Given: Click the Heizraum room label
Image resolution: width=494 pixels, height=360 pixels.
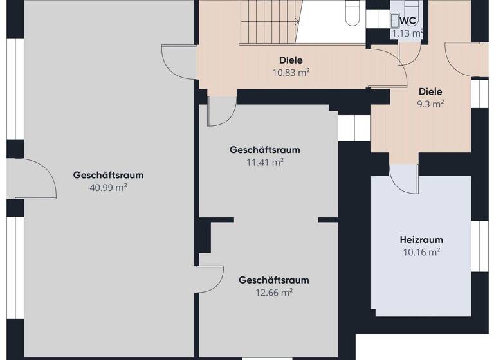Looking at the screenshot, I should pos(421,240).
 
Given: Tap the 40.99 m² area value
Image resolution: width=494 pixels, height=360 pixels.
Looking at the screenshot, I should pos(108,188).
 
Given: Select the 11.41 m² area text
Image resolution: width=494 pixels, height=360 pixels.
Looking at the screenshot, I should pos(265,163).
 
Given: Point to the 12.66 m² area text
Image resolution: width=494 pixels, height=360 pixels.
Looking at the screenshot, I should pos(274,292).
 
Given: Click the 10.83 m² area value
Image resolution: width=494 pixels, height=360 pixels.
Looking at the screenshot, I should pos(291,73).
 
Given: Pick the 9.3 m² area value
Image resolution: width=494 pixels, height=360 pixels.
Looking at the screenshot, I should pos(430,104).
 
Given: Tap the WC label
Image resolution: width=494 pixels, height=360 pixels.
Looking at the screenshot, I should pos(408,20).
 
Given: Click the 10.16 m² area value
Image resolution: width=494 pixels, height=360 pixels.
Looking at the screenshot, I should pos(421,253).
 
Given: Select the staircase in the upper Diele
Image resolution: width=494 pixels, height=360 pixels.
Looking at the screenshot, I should pos(270,22).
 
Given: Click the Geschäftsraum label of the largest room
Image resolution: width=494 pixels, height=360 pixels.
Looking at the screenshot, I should pos(108,175).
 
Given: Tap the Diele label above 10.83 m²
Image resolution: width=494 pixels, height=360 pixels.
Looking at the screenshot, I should pos(291,60).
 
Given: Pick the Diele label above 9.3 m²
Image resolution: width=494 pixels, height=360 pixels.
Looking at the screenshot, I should pos(430,91).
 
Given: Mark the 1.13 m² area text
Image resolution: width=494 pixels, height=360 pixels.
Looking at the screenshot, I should pos(407,33).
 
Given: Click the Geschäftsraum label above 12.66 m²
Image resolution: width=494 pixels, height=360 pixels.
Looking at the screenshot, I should pos(274,280).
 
